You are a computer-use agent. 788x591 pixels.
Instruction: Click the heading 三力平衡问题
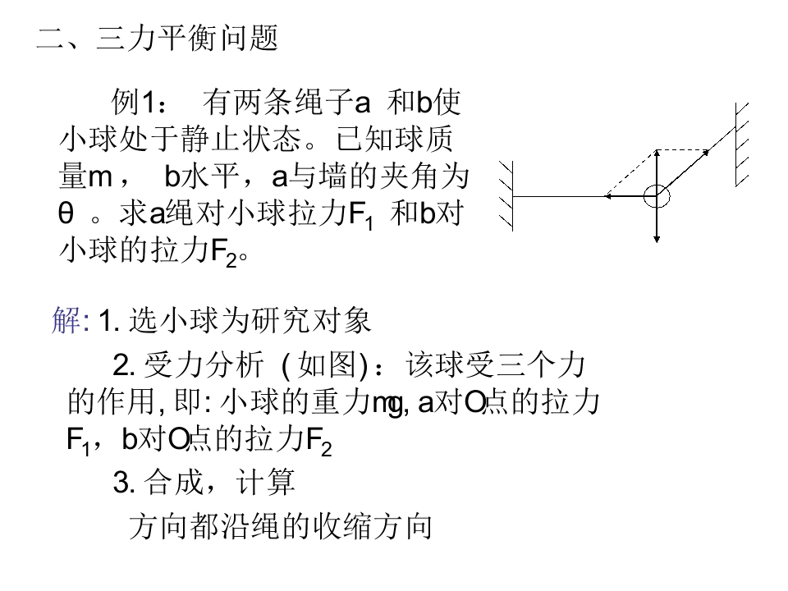(187, 39)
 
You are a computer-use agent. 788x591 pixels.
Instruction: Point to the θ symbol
(66, 213)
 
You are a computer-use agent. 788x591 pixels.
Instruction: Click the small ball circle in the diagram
(657, 196)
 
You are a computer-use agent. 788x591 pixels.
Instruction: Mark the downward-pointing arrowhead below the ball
(657, 239)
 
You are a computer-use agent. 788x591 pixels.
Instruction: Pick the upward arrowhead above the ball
(657, 153)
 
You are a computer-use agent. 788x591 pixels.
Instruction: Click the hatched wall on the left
(506, 196)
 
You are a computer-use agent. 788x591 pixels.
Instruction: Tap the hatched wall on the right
(742, 144)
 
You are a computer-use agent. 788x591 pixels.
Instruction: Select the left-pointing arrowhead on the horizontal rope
(607, 196)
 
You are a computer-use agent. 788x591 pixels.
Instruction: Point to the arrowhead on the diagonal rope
(706, 153)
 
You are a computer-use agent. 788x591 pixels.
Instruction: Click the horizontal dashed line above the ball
(682, 149)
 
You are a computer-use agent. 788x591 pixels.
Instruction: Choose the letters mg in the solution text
(387, 404)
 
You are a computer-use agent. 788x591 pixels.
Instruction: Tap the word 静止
(210, 139)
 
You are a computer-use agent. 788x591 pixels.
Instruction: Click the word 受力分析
(204, 364)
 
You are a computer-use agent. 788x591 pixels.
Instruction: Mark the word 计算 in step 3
(265, 482)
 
